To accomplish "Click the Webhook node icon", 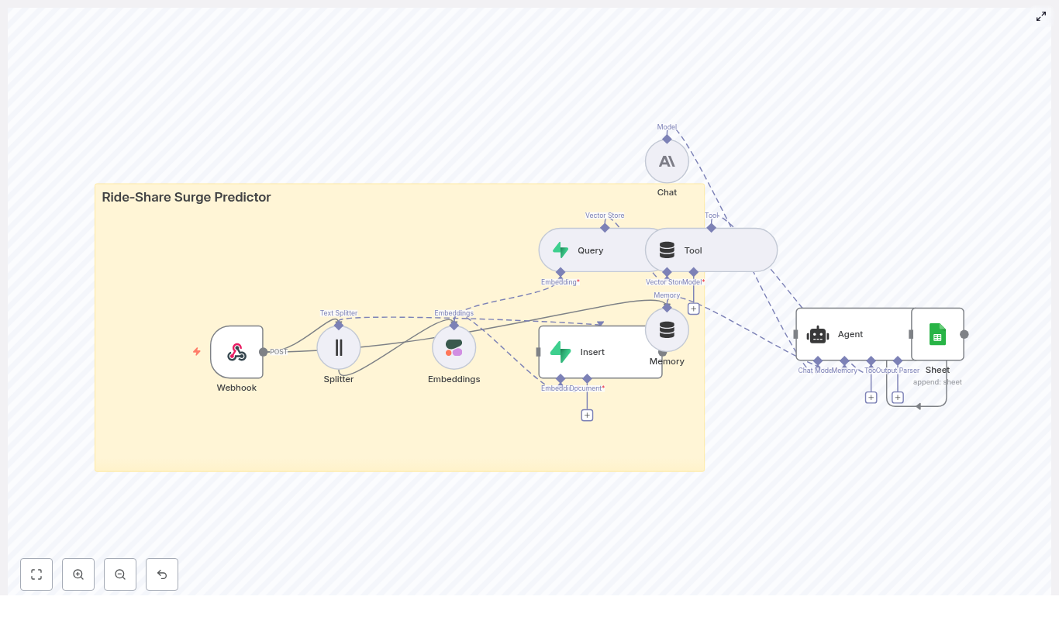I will (x=236, y=352).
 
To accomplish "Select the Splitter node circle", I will (x=339, y=347).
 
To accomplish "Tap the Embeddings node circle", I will (x=454, y=347).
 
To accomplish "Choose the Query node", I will (x=589, y=250).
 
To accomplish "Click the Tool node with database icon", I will (x=712, y=250).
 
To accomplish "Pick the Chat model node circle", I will (x=667, y=161).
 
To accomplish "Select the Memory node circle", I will (x=667, y=330).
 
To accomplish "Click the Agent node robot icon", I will (x=818, y=335).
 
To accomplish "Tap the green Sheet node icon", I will (x=937, y=334).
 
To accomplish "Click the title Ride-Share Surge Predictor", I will (x=186, y=197).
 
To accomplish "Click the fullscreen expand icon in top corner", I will (x=1041, y=16).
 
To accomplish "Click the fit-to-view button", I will (x=36, y=574).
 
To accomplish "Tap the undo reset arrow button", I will (x=162, y=574).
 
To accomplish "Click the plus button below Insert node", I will (x=587, y=415).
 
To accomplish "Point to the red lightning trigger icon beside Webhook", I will (x=197, y=351).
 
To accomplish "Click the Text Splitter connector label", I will (x=339, y=313).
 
